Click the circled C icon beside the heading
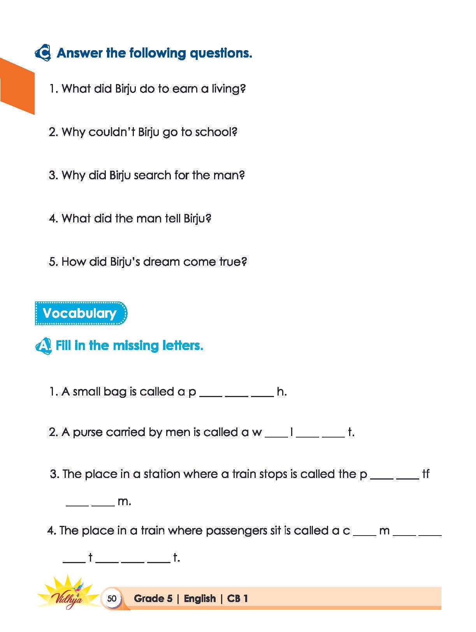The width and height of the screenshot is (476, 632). [x=43, y=53]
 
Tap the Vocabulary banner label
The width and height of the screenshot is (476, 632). [x=80, y=313]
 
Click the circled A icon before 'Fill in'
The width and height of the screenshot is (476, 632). [x=43, y=346]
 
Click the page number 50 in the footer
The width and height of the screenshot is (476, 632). [x=112, y=598]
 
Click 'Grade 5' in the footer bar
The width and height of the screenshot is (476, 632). [x=153, y=599]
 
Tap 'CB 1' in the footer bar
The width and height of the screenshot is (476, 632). [x=237, y=599]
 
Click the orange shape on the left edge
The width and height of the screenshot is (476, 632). [x=16, y=86]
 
